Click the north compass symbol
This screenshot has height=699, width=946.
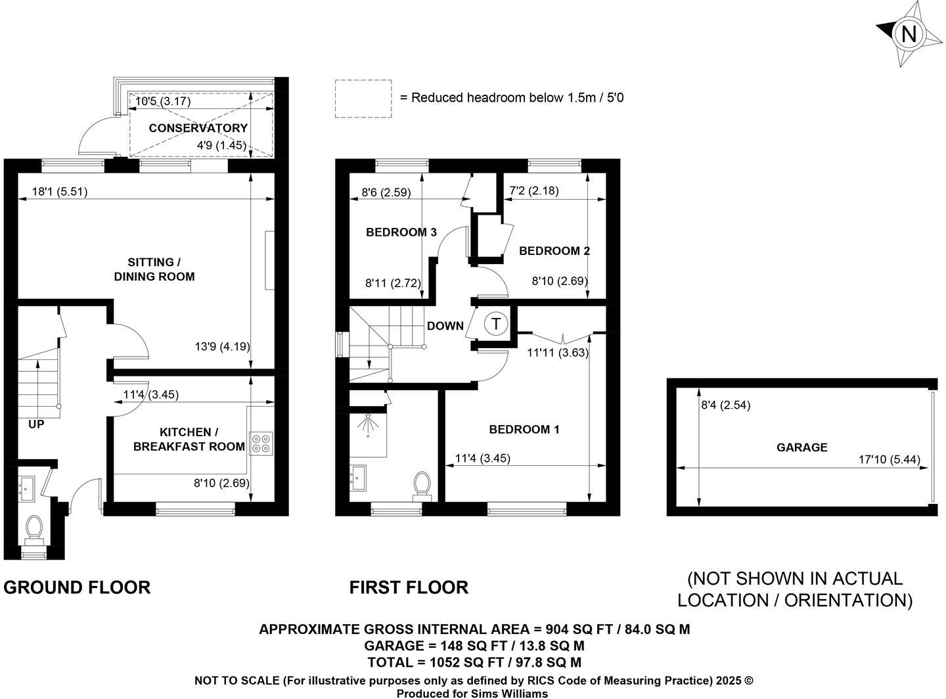(909, 34)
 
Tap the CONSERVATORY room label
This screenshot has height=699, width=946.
(198, 128)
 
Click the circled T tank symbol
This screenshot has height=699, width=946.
(496, 324)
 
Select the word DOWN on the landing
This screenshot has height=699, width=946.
(445, 326)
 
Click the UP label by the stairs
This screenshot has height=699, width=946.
(36, 424)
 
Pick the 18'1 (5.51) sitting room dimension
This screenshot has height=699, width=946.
(60, 192)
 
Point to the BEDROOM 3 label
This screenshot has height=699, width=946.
(401, 232)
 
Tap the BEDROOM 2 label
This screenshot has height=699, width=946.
(554, 250)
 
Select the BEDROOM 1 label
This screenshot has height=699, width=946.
(524, 429)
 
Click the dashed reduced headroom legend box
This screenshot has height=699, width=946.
(363, 99)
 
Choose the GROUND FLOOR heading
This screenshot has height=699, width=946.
(77, 587)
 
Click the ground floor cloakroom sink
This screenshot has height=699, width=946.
(27, 489)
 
